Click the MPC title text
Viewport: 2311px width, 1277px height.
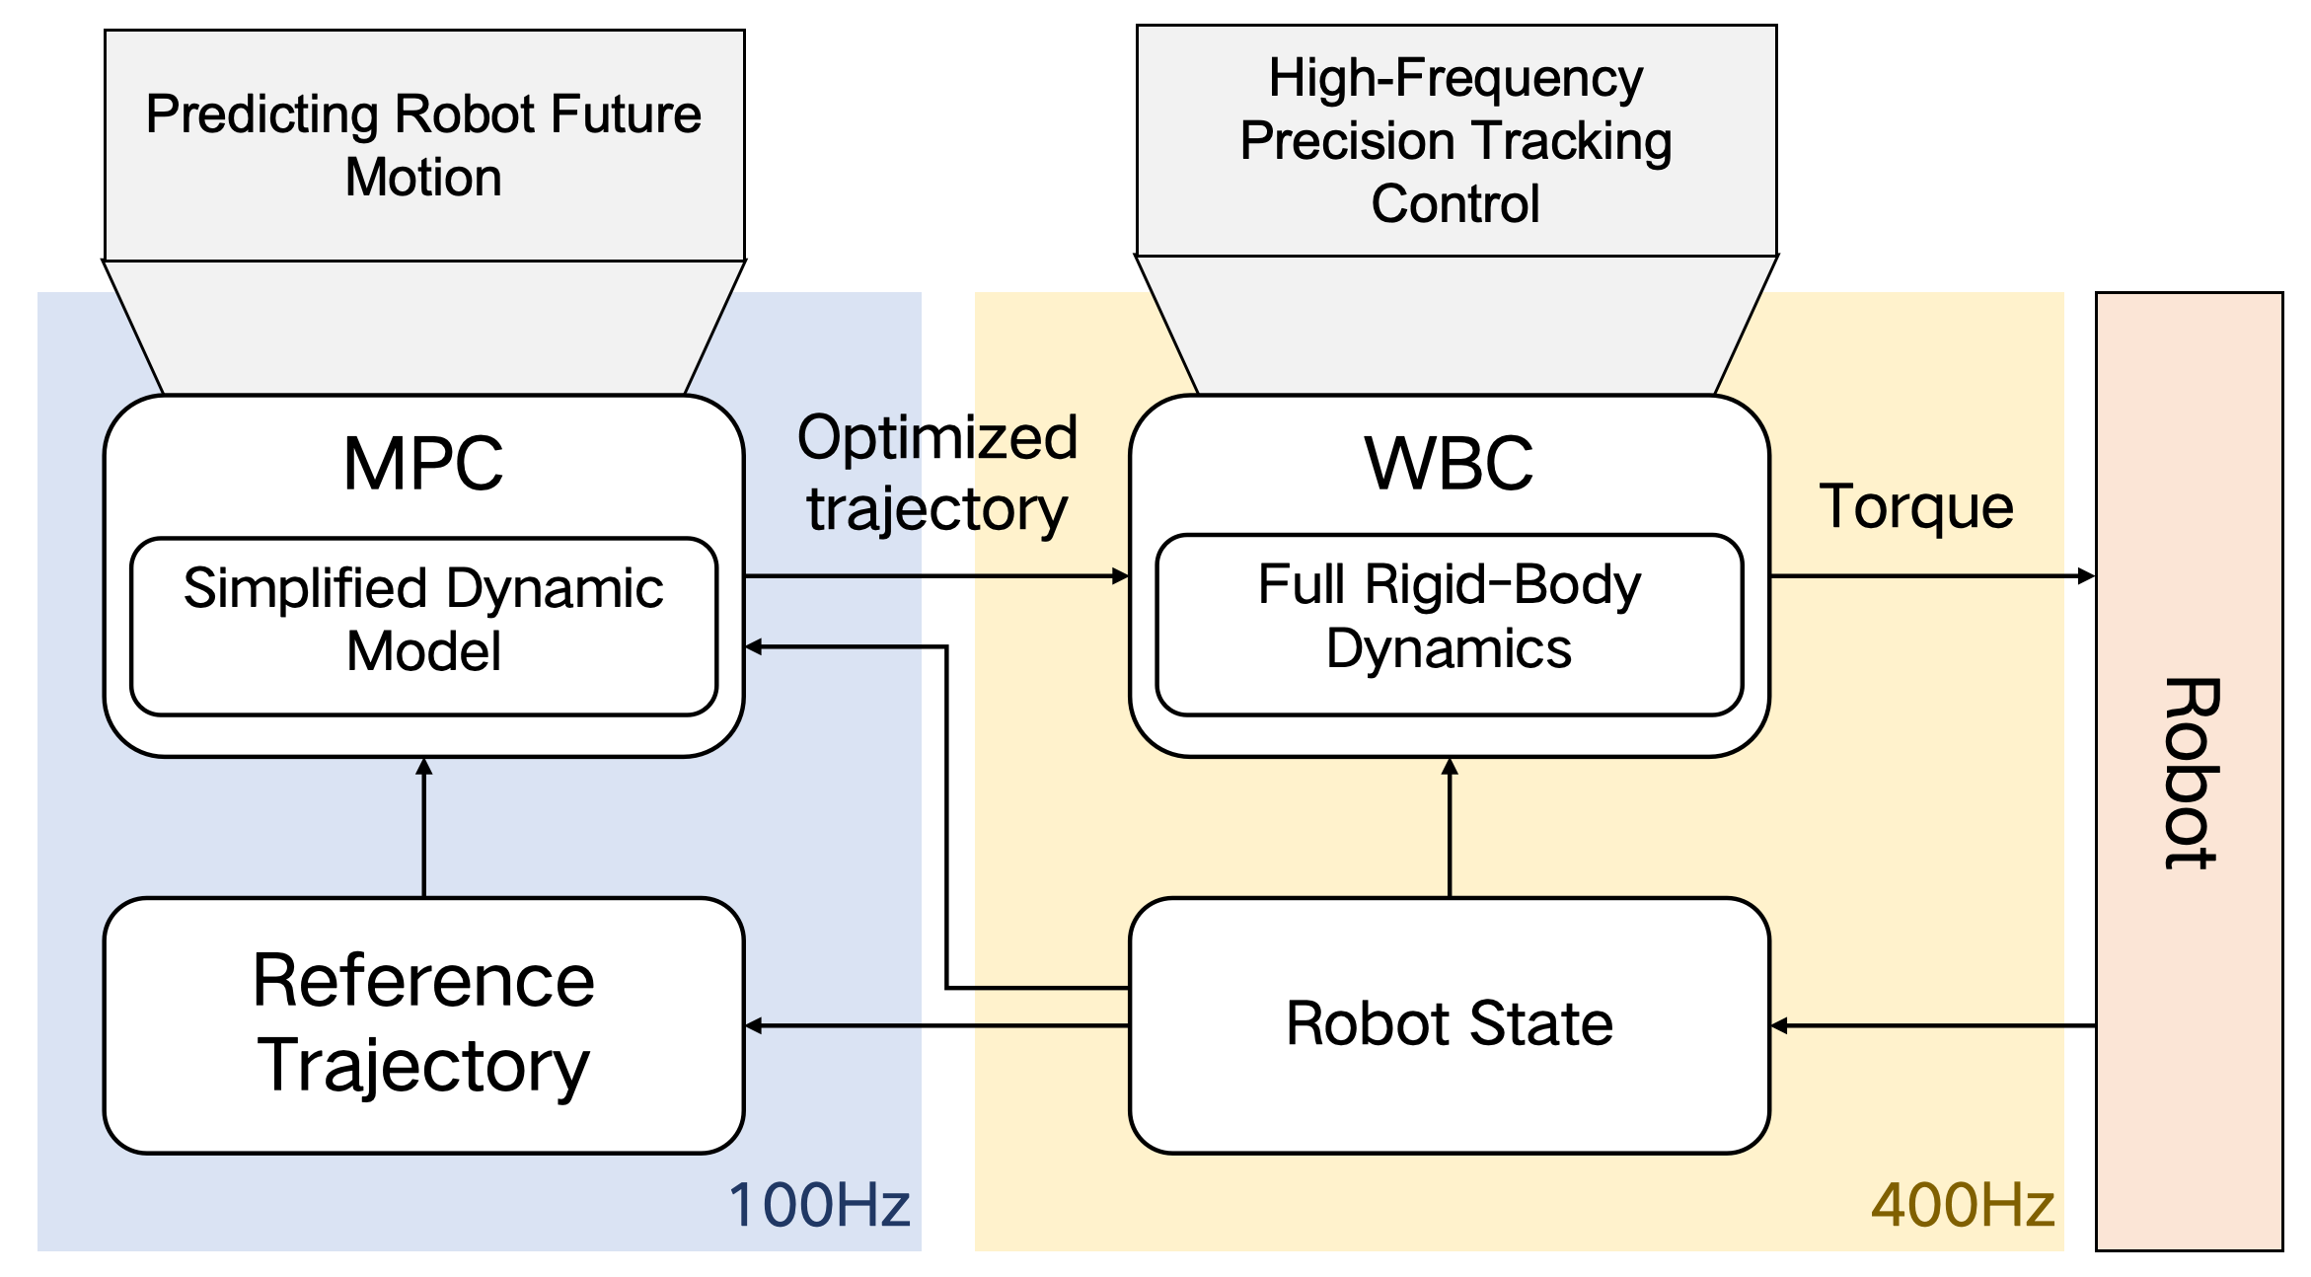(423, 463)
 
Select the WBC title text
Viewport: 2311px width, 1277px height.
(1449, 463)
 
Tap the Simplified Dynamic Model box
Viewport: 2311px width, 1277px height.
(424, 626)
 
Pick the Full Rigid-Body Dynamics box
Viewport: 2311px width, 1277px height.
(1450, 624)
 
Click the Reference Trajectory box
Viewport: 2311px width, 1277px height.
(424, 1025)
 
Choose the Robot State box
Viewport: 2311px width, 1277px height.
(1450, 1025)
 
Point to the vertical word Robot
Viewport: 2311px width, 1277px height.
(2191, 774)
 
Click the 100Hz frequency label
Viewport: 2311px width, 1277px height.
(819, 1205)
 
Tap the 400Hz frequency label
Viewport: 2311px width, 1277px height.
(1963, 1205)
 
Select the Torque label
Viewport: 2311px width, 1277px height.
(1916, 507)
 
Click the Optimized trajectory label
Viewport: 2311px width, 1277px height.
(937, 474)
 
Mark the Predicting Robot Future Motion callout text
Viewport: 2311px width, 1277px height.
(423, 145)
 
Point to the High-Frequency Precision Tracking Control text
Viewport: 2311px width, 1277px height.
(1456, 140)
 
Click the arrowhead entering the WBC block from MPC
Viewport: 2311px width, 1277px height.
(1121, 575)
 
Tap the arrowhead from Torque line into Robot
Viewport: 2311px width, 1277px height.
(2087, 575)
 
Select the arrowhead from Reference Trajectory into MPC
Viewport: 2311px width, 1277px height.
(424, 766)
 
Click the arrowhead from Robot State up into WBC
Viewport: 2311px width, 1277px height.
(1450, 766)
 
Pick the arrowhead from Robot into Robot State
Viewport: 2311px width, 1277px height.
(1779, 1025)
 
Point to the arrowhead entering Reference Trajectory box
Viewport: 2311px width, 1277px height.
(754, 1025)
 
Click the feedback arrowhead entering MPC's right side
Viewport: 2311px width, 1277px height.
(754, 646)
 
